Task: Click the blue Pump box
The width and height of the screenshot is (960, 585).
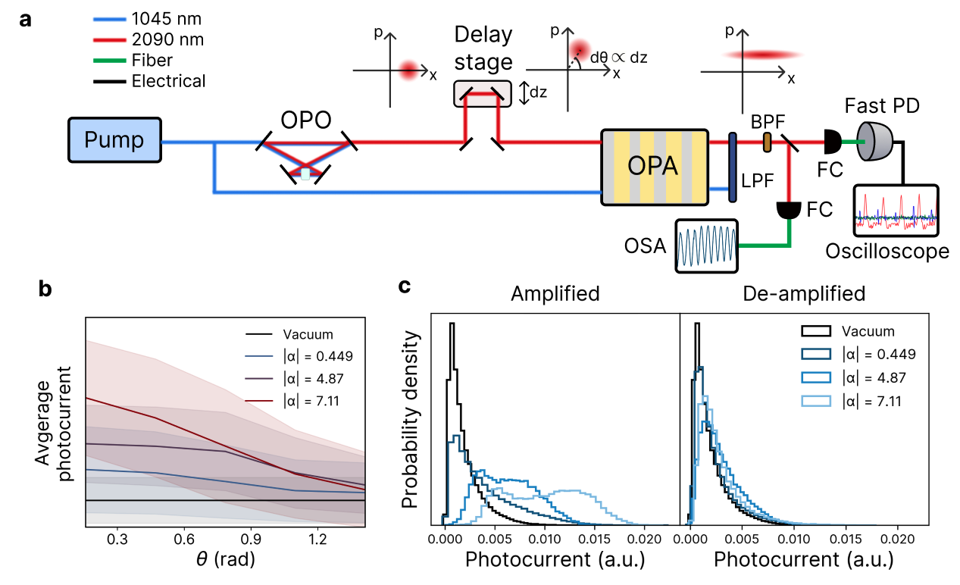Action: coord(114,140)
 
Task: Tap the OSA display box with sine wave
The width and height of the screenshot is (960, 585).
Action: coord(706,247)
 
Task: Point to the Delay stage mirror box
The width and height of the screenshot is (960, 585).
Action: coord(482,93)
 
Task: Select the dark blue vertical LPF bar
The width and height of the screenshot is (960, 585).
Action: coord(733,167)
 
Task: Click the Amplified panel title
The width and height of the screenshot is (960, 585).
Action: coord(555,294)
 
